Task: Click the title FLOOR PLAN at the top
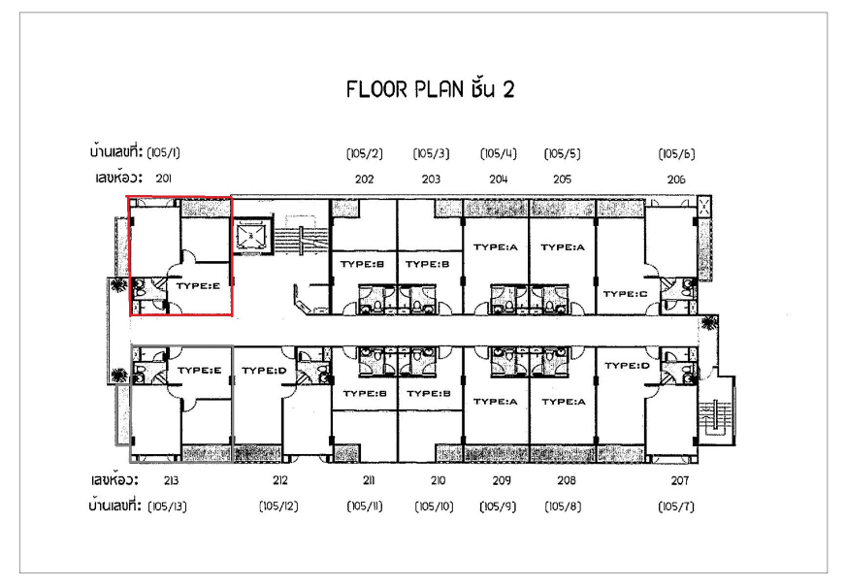(405, 89)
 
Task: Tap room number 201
(164, 178)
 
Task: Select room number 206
(676, 180)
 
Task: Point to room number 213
(171, 480)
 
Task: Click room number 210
(439, 480)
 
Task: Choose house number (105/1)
(164, 152)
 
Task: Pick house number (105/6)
(676, 153)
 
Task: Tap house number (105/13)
(167, 506)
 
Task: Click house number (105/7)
(676, 506)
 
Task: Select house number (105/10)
(435, 506)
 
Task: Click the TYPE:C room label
(625, 294)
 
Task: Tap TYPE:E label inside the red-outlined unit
(198, 286)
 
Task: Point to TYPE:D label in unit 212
(264, 371)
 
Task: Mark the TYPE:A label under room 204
(496, 247)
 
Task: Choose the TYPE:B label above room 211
(365, 393)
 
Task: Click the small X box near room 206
(704, 206)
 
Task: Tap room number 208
(566, 480)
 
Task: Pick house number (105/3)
(431, 153)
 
